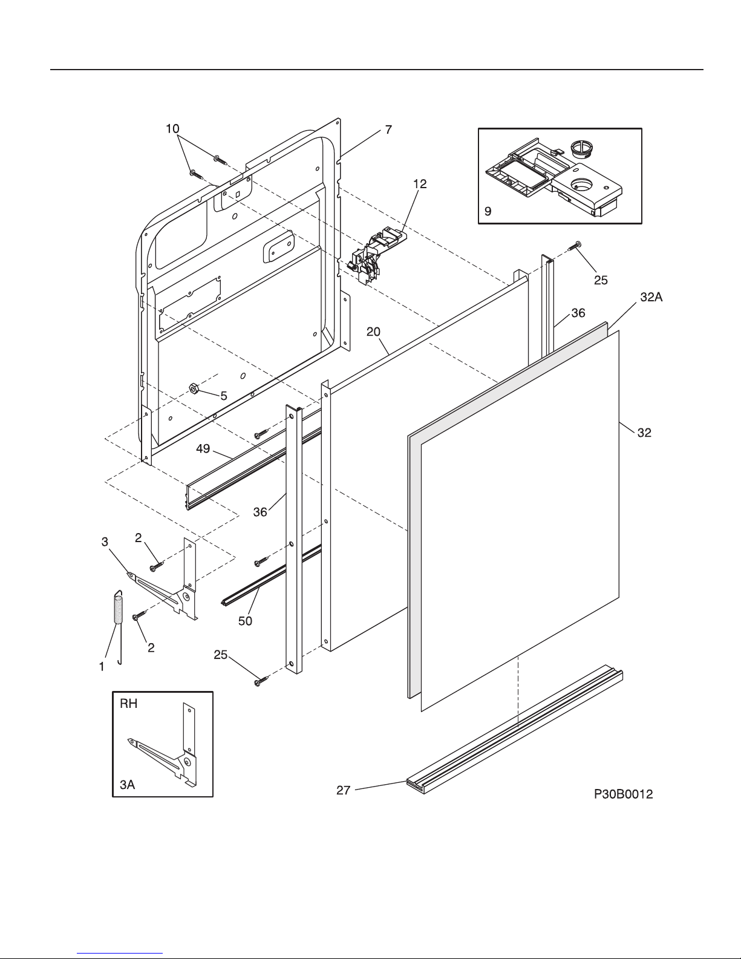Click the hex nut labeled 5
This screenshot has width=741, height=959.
point(193,389)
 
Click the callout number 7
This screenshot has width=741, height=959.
point(388,129)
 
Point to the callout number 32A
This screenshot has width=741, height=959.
point(651,298)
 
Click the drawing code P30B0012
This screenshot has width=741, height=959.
point(623,794)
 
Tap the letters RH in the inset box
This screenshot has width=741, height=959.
point(128,704)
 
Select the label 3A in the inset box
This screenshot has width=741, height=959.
point(128,784)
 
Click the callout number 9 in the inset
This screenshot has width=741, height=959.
point(488,211)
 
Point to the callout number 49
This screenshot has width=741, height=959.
point(203,449)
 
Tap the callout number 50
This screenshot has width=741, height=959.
point(245,621)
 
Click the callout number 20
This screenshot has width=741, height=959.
point(373,332)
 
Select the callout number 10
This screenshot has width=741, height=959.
point(172,129)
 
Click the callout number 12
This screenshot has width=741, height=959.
point(420,184)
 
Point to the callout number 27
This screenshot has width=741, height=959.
point(344,790)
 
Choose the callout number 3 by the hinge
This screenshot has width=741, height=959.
point(105,542)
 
